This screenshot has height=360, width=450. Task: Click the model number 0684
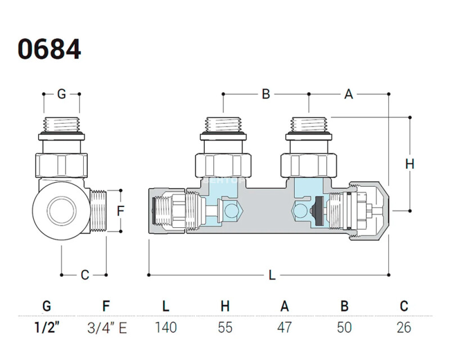click(x=49, y=49)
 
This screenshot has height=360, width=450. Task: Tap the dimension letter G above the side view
click(x=61, y=94)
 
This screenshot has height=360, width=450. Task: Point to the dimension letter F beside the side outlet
click(x=120, y=211)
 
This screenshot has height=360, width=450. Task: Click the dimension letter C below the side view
click(x=85, y=275)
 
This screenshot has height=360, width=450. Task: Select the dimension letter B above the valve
click(x=266, y=94)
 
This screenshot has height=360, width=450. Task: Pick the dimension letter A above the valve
click(x=348, y=94)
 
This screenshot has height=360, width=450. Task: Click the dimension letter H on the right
click(x=409, y=164)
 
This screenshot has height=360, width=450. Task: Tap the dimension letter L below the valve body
click(x=272, y=275)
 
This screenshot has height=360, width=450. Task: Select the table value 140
click(x=165, y=327)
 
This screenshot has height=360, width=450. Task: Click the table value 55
click(x=225, y=327)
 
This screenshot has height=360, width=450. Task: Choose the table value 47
click(x=285, y=327)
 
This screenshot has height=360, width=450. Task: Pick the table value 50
click(x=344, y=327)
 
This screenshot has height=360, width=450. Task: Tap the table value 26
click(x=403, y=327)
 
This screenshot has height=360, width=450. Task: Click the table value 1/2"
click(x=47, y=327)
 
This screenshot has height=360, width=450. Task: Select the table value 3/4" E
click(x=107, y=327)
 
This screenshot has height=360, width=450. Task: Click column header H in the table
click(x=225, y=306)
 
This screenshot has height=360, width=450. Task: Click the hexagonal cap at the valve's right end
click(x=369, y=209)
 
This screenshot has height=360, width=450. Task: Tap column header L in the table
click(x=165, y=306)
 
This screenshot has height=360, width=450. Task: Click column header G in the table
click(x=47, y=306)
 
